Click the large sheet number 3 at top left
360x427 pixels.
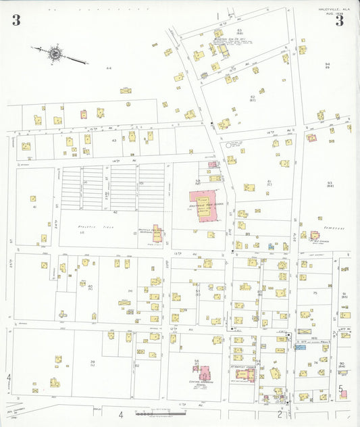click(16, 21)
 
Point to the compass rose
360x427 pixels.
click(53, 52)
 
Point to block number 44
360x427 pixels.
click(108, 68)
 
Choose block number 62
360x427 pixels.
click(252, 98)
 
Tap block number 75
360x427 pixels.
click(315, 293)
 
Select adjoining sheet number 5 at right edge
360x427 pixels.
click(341, 390)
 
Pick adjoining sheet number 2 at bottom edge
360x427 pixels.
click(279, 415)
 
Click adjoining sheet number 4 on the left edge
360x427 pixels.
click(9, 376)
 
